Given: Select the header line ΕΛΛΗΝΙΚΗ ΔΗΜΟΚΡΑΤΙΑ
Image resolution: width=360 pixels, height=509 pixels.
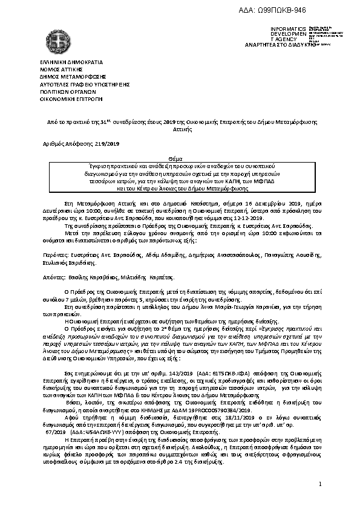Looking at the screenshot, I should (63, 62).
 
